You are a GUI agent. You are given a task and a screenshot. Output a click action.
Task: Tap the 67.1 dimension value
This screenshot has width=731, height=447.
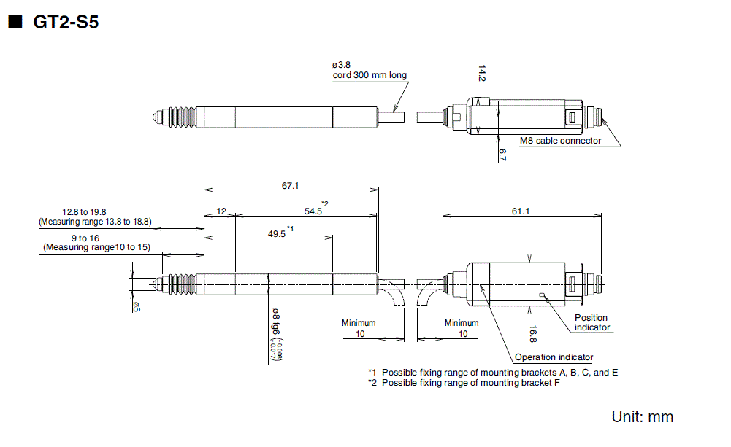tap(290, 186)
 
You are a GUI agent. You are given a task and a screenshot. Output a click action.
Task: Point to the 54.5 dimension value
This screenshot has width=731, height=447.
tap(313, 211)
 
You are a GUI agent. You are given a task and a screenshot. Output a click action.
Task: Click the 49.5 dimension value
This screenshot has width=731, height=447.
tap(277, 234)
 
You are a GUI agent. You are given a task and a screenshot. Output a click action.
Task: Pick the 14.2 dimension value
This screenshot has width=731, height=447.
tap(482, 74)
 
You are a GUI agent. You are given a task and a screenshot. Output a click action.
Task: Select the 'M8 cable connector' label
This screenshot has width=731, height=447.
tap(560, 141)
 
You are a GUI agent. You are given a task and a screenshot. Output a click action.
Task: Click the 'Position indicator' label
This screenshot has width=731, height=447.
tap(591, 322)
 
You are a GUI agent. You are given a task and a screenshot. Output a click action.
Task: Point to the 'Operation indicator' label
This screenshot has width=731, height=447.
tap(554, 357)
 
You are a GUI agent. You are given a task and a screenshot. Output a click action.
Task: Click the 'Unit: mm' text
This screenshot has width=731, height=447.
tap(642, 417)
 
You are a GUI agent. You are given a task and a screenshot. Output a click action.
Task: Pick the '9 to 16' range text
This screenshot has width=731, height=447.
tap(94, 238)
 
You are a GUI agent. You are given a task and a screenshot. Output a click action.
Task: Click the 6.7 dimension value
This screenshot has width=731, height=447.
tap(502, 154)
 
